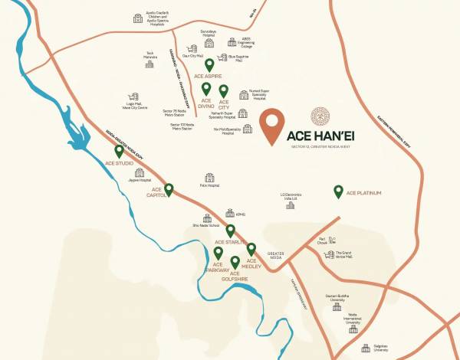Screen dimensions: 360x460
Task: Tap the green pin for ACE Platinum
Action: tap(338, 191)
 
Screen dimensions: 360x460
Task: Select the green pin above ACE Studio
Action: tap(119, 151)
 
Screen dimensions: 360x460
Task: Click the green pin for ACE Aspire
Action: tap(209, 65)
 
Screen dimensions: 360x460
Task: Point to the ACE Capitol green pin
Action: tap(169, 188)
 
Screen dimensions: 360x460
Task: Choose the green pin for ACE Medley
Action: tap(251, 248)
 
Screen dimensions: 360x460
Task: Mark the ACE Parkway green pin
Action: tap(219, 253)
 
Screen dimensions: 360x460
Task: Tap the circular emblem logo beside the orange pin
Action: tap(321, 116)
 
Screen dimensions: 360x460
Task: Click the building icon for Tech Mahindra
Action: tap(150, 64)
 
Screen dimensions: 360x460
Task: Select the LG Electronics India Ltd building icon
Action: tap(290, 205)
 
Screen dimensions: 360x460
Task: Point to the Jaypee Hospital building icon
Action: tap(140, 173)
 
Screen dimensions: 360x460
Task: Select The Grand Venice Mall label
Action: tap(343, 256)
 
